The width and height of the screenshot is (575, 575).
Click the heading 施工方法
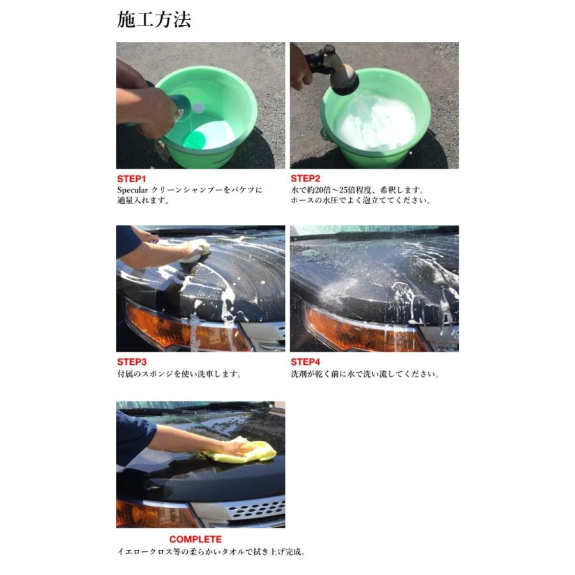point(154,19)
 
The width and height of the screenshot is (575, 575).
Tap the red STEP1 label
point(131,179)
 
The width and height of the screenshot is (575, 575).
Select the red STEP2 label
point(305,179)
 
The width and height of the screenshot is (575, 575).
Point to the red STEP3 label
point(132,362)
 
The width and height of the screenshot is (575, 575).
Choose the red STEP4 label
point(305,362)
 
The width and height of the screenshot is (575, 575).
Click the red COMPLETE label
point(195,539)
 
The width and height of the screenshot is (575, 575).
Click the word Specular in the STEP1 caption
point(132,190)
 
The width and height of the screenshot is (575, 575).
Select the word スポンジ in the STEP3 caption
point(157,374)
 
